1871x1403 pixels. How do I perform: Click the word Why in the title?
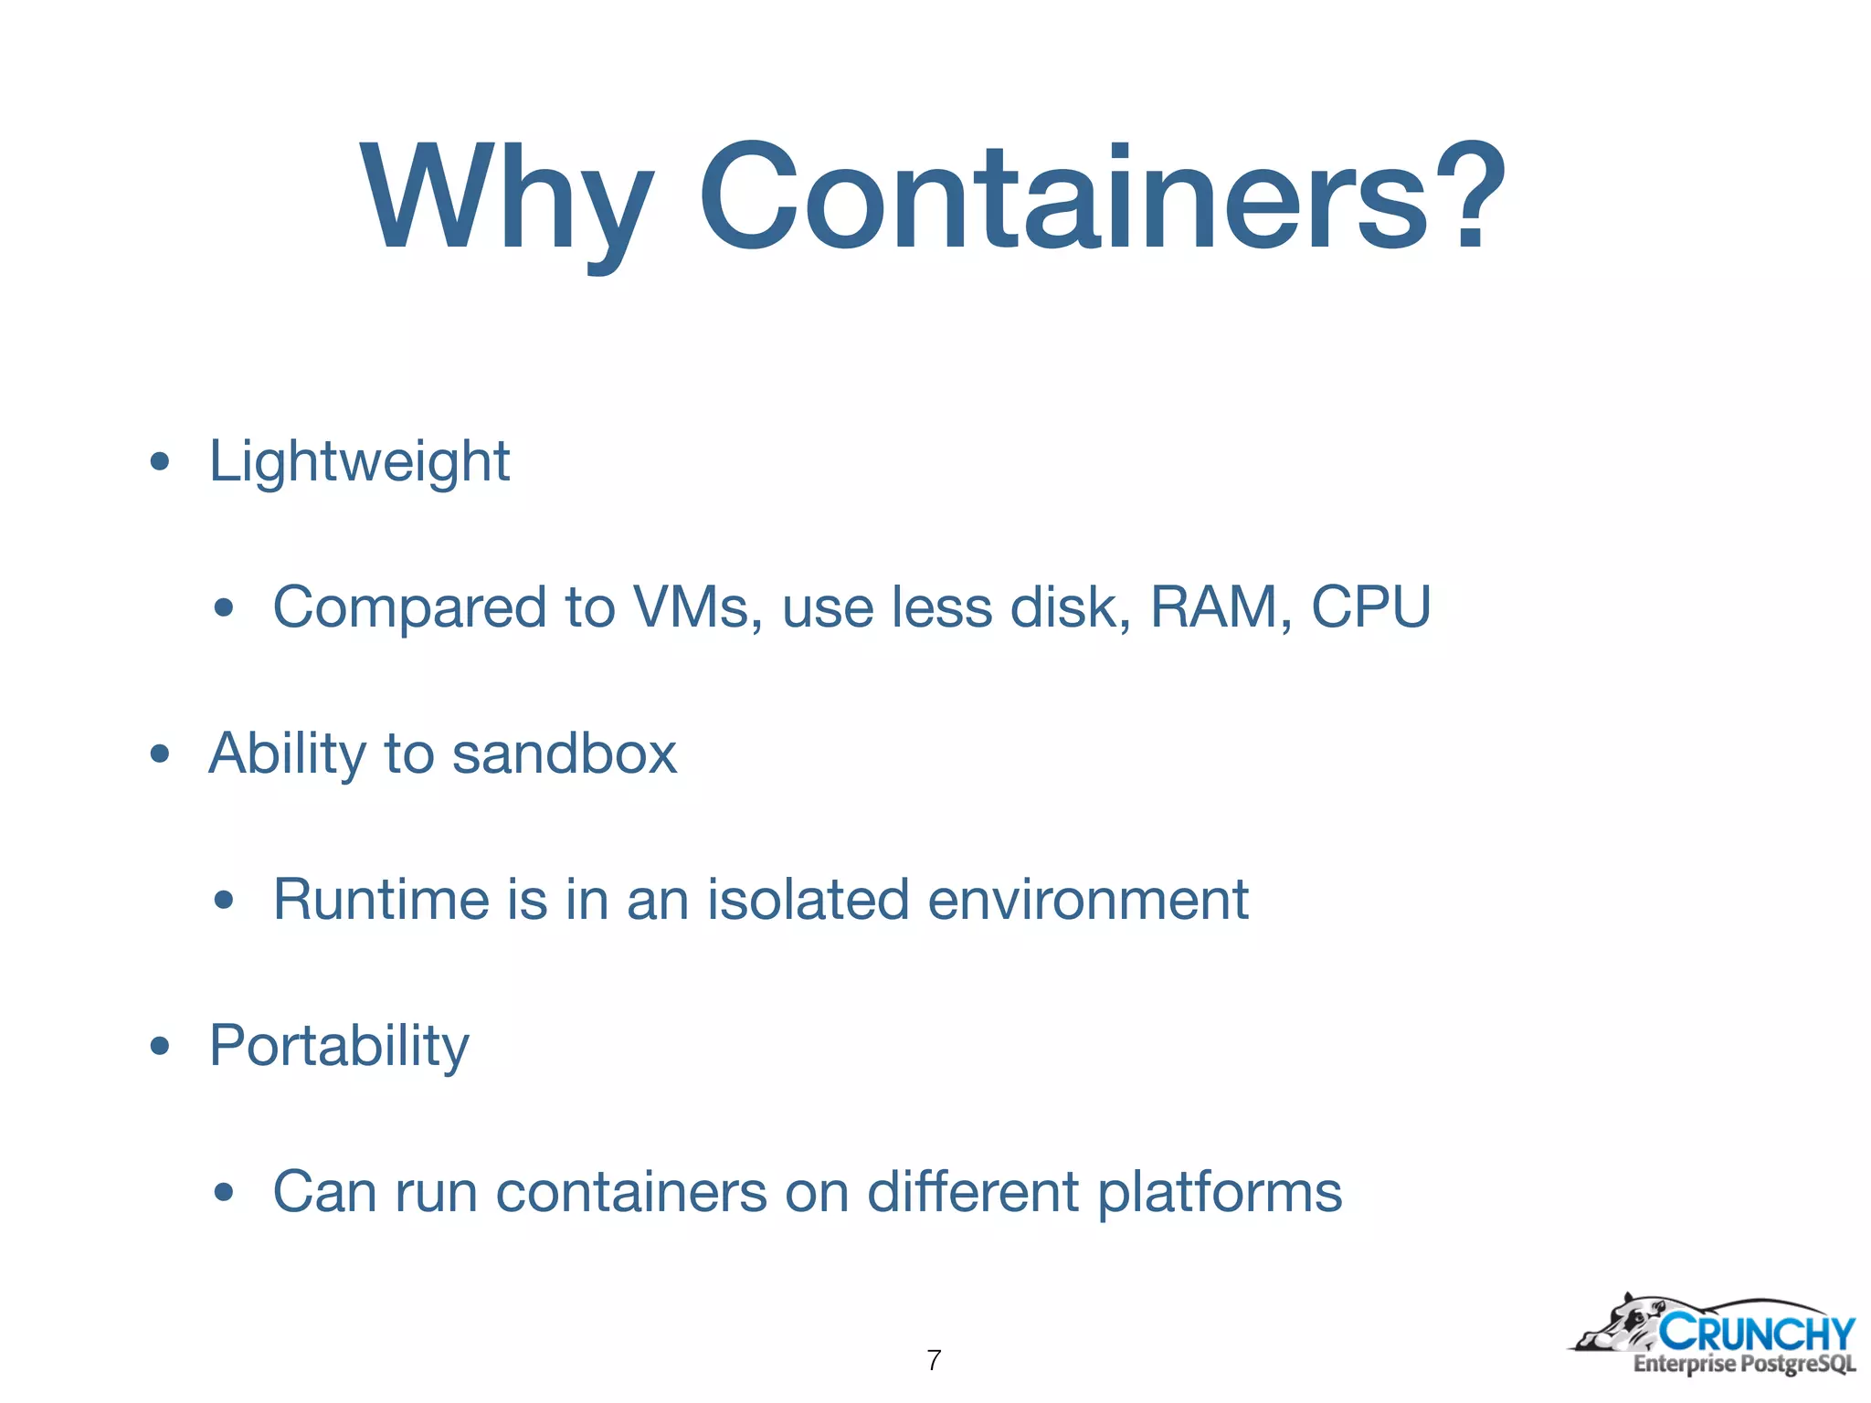click(x=507, y=196)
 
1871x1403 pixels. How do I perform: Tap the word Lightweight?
click(x=359, y=461)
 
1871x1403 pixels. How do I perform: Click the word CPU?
click(x=1370, y=607)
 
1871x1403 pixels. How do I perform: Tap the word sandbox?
click(x=564, y=754)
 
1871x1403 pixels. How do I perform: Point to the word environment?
click(x=1087, y=900)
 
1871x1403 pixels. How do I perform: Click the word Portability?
click(x=339, y=1046)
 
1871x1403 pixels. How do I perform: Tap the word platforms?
click(x=1220, y=1193)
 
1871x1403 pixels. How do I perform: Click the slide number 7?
click(x=934, y=1360)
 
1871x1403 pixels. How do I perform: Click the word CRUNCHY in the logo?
click(x=1757, y=1334)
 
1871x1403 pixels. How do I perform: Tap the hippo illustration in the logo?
click(x=1618, y=1324)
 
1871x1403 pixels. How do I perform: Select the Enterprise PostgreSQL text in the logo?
click(x=1744, y=1365)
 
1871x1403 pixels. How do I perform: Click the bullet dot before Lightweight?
click(x=160, y=462)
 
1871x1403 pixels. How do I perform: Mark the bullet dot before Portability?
click(x=160, y=1047)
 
